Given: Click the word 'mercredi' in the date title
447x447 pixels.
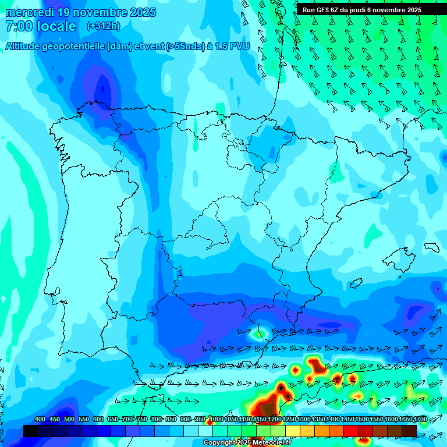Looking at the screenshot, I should [x=30, y=12].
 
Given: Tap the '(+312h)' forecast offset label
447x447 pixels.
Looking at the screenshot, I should [x=103, y=26].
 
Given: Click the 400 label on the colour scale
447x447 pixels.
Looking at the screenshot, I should [x=40, y=419].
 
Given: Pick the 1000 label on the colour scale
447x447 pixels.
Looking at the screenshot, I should [x=216, y=419].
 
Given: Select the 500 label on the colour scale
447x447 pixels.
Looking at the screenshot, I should [x=69, y=419].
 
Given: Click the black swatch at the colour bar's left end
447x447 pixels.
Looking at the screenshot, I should [x=31, y=431].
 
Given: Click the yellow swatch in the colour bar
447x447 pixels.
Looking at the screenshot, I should [x=293, y=431].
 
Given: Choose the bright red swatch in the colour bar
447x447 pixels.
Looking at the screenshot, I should [x=351, y=431].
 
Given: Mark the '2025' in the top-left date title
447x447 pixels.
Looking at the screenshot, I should [x=143, y=12].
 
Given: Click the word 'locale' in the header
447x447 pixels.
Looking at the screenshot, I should [x=56, y=26].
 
